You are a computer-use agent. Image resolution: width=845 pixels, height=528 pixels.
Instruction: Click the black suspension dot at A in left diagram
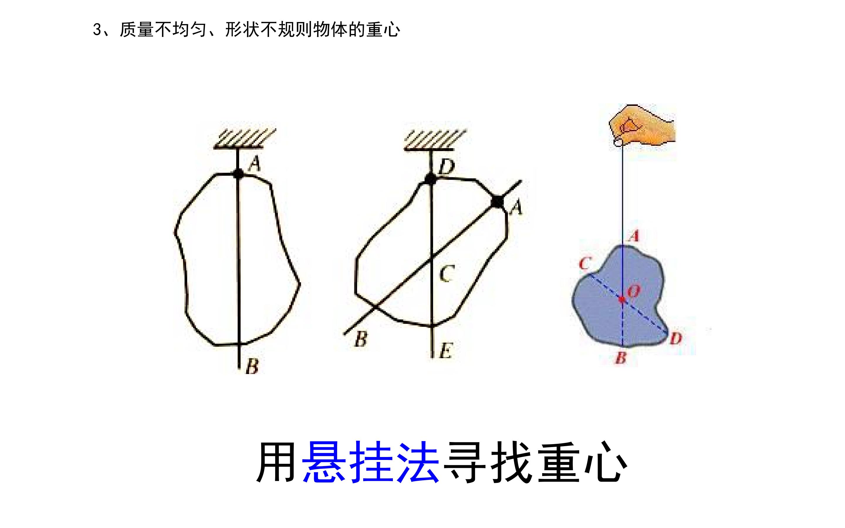[239, 174]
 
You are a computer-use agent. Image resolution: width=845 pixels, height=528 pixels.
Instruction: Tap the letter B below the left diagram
[252, 367]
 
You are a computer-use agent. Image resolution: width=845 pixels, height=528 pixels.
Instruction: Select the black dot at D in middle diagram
[430, 179]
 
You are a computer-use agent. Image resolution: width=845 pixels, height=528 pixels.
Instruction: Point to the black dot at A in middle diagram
[497, 202]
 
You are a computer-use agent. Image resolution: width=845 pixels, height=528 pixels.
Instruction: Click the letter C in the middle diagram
[447, 273]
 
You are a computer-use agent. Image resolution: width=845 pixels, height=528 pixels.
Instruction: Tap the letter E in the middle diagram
[446, 351]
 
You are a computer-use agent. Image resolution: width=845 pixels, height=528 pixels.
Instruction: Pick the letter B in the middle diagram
[361, 339]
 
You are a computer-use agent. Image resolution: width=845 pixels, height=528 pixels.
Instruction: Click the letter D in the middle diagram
[447, 167]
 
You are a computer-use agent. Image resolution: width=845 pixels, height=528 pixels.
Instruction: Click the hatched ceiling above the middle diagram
[435, 140]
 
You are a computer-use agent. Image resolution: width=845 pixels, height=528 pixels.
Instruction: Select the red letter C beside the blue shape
[584, 263]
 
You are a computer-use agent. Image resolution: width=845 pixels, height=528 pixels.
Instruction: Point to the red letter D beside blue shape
[676, 338]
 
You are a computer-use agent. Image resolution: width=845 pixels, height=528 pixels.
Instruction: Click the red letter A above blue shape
[634, 236]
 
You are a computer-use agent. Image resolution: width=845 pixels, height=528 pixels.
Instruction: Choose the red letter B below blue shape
[621, 358]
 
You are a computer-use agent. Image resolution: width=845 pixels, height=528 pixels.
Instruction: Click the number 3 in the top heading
[97, 30]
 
